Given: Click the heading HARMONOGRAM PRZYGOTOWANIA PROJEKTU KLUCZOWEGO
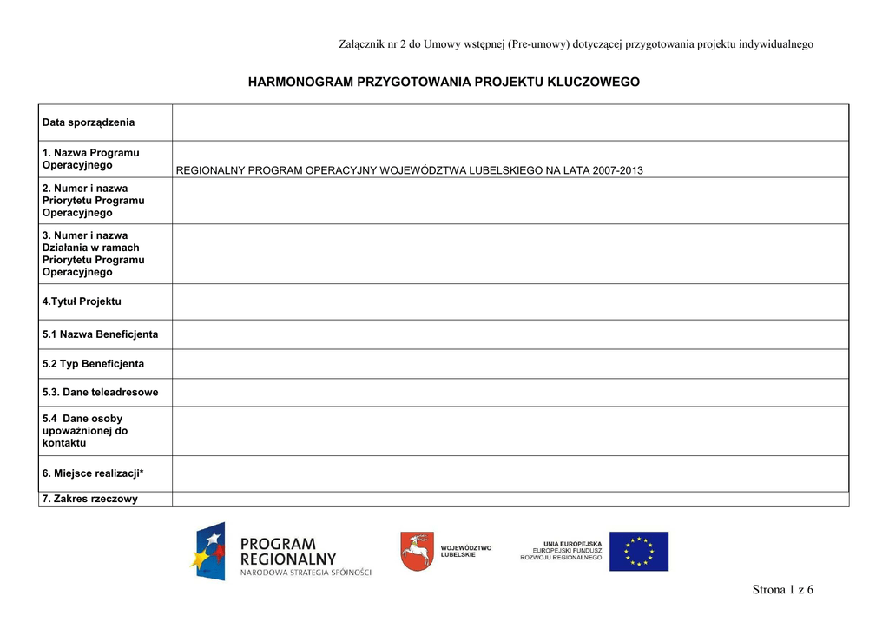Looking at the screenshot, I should tap(444, 82).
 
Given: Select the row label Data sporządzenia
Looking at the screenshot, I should tap(89, 122).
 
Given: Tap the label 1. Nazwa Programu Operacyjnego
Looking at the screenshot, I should tap(91, 159).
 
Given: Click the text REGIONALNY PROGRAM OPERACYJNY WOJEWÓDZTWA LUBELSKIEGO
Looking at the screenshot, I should tap(409, 170).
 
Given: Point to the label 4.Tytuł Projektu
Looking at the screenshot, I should tap(82, 301).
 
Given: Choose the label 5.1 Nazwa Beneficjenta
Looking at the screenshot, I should tap(101, 334).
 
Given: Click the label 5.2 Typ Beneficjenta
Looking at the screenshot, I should tap(94, 364).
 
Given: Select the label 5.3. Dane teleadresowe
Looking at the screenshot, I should tap(101, 393).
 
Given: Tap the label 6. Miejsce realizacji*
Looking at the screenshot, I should tap(93, 473).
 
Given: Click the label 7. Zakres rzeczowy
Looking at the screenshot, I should tap(90, 499).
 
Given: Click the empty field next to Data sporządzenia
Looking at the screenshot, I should tap(510, 122).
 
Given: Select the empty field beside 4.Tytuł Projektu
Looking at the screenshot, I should tap(510, 301).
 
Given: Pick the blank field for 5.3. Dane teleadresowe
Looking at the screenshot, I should tap(510, 393).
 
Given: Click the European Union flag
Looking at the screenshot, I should tap(638, 552).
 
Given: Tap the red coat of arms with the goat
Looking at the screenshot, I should tap(417, 552).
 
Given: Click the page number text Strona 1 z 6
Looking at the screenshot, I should tap(782, 591).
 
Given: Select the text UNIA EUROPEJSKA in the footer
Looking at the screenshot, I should tap(572, 544).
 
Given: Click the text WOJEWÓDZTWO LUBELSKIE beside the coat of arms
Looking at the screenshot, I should tap(466, 552).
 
